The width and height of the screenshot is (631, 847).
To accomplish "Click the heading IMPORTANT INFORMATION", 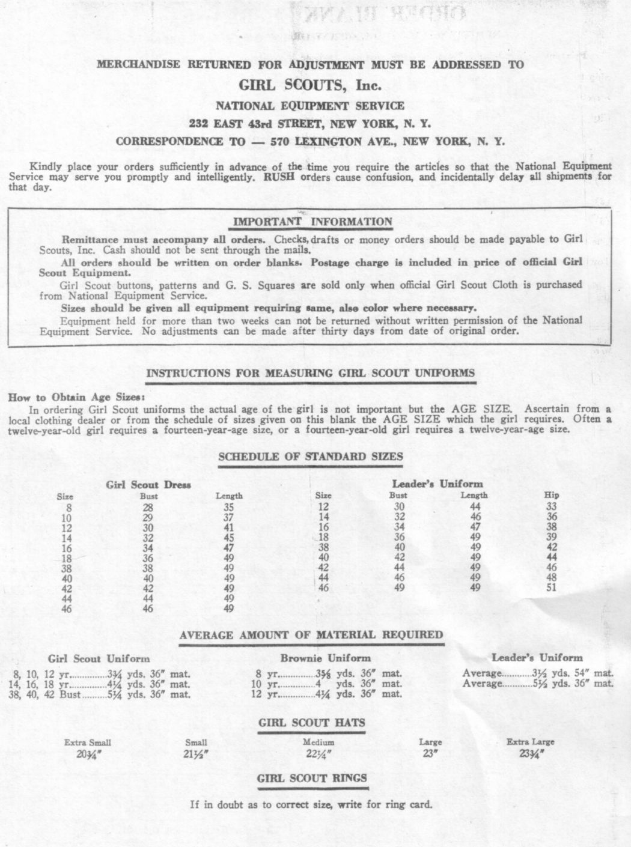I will pos(312,222).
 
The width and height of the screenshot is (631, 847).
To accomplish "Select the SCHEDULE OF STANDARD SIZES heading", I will pos(310,457).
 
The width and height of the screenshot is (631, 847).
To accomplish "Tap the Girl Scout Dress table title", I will pos(148,485).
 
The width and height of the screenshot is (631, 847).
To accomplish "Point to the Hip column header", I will pos(551,496).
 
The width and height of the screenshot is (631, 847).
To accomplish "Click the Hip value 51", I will pos(551,588).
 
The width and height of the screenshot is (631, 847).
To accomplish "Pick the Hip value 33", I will pos(551,506).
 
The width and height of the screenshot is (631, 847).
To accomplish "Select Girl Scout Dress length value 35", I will pos(228,507).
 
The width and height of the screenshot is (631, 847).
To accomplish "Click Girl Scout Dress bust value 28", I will pos(148,507).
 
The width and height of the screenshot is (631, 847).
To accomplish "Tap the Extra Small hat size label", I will pos(88,742).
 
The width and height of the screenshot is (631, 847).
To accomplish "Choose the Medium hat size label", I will pos(319,742).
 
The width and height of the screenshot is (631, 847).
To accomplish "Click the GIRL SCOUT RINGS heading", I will pos(311,779).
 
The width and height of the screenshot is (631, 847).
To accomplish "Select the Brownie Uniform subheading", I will pos(325,658).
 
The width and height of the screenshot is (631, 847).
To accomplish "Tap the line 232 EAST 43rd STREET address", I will pos(310,124).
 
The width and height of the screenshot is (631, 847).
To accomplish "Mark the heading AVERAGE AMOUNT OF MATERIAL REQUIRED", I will pos(311,635).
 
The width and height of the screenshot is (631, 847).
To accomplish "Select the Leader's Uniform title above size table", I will pos(437,484).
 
